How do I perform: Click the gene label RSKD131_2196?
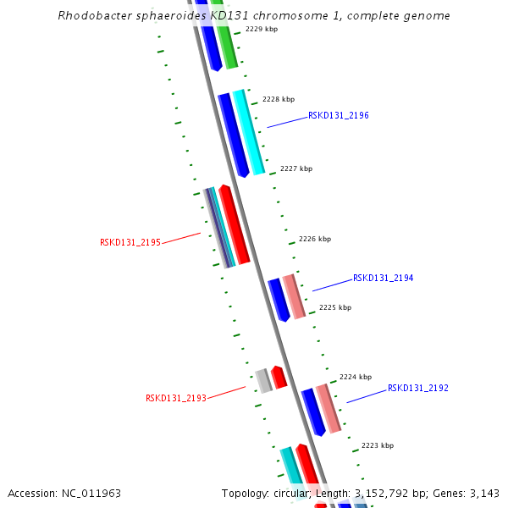338,115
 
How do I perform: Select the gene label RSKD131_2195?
130,242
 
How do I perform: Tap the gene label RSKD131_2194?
383,278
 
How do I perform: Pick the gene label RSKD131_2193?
176,398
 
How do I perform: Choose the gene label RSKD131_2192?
417,388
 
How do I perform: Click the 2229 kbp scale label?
262,29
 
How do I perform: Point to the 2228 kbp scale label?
279,99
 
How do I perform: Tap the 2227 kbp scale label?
296,168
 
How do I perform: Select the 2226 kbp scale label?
315,239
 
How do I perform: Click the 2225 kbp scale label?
334,307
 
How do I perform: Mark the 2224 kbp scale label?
356,377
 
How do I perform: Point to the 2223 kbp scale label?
377,445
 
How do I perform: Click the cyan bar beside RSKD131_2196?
249,132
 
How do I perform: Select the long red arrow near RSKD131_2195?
234,224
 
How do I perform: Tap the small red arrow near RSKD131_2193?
279,377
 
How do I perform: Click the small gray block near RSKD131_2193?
264,381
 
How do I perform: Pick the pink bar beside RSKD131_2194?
294,295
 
